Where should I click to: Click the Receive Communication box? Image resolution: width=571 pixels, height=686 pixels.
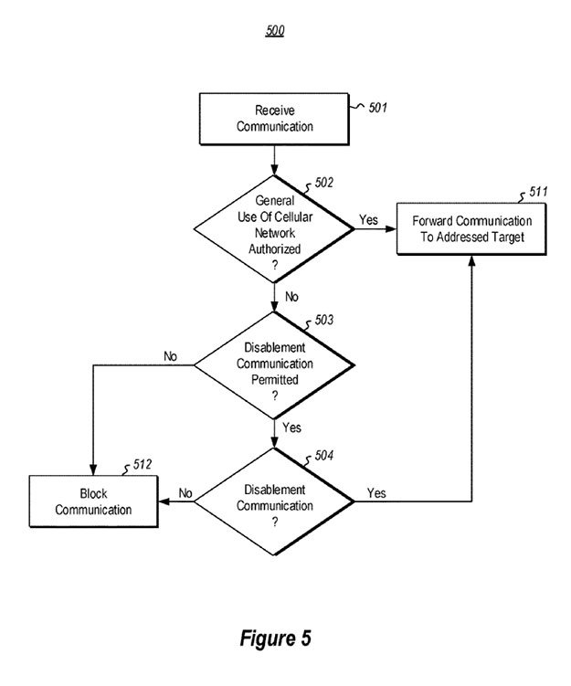click(x=274, y=119)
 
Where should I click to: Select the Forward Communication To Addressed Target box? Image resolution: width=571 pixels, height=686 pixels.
click(x=471, y=229)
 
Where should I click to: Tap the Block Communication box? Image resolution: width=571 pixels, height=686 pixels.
click(x=93, y=501)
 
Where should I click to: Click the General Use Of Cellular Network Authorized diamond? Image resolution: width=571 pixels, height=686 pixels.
click(x=274, y=228)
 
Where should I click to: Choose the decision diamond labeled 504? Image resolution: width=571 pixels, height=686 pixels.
click(x=274, y=501)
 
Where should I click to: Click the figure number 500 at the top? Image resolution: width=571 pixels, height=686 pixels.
click(x=274, y=31)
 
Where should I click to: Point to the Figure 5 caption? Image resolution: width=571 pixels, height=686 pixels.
click(x=275, y=639)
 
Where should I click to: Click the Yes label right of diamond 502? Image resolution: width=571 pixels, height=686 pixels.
click(x=369, y=219)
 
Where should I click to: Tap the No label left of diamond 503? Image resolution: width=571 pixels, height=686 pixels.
click(x=171, y=354)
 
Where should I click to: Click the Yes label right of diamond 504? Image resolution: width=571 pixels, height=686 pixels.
click(x=375, y=493)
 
